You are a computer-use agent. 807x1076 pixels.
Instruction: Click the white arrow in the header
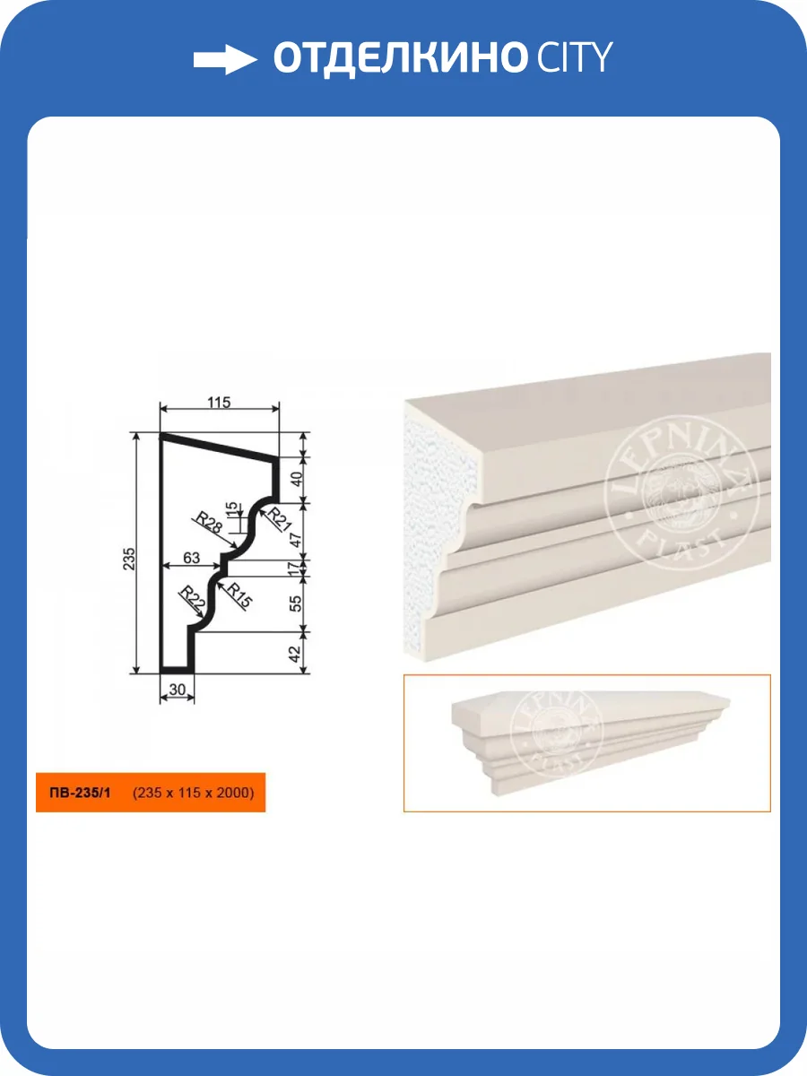[225, 59]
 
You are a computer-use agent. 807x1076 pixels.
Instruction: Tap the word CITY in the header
[574, 57]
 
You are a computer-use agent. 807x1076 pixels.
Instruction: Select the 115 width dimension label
[219, 403]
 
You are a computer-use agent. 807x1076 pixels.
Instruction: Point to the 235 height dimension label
[128, 559]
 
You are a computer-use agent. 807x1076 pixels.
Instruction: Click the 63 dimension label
[191, 558]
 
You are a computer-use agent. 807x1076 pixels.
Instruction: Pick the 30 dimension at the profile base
[177, 690]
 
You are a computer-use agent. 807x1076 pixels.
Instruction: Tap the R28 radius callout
[209, 523]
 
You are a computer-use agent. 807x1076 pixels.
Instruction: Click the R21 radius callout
[279, 520]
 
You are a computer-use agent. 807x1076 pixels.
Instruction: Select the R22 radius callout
[192, 601]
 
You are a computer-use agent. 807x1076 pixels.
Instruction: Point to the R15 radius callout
[239, 595]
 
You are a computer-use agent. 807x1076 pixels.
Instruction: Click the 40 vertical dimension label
[297, 479]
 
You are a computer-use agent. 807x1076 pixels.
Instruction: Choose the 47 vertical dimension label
[296, 540]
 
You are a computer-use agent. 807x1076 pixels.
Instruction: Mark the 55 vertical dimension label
[296, 603]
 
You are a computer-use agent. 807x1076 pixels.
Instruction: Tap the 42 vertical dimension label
[294, 654]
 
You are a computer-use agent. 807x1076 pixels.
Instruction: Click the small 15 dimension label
[230, 508]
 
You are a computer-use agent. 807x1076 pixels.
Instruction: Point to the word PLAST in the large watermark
[681, 545]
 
